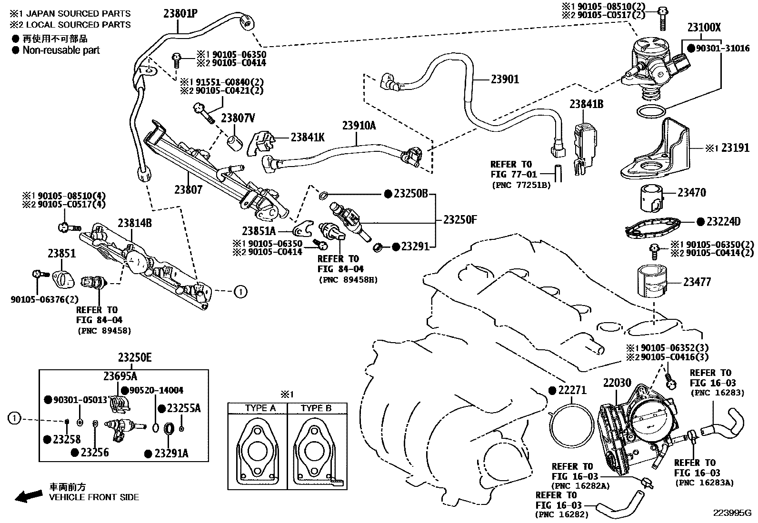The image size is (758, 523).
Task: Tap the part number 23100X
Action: [704, 27]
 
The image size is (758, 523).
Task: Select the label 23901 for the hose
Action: [505, 79]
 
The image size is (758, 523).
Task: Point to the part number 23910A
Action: [359, 126]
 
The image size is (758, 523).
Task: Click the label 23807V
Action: [238, 118]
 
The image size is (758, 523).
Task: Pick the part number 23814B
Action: [135, 222]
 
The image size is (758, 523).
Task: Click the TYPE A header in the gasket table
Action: [260, 408]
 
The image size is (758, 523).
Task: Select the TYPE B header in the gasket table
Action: [316, 408]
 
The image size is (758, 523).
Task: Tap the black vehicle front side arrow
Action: [28, 496]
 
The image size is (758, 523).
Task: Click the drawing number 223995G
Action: [731, 513]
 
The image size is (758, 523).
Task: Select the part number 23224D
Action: [723, 221]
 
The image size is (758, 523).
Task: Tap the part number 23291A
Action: [171, 454]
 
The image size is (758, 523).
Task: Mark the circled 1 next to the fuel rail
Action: [241, 291]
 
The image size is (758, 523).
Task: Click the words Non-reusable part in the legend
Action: [61, 50]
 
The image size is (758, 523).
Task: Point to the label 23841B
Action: [587, 104]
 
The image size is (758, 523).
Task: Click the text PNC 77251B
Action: [520, 185]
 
